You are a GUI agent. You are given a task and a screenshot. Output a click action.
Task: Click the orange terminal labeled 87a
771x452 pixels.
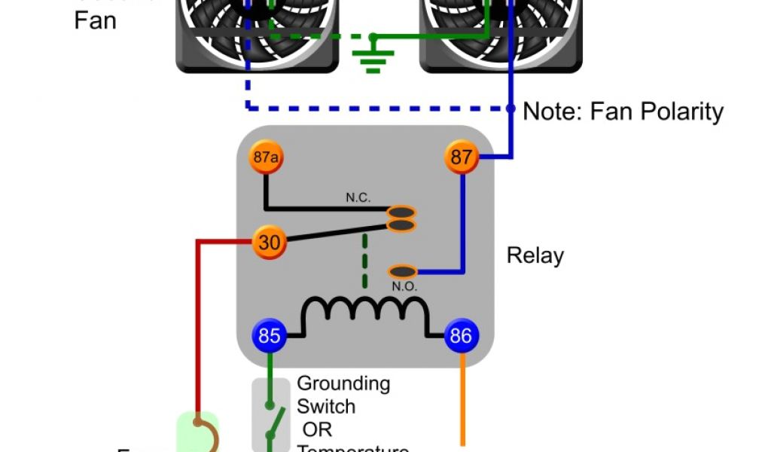(265, 157)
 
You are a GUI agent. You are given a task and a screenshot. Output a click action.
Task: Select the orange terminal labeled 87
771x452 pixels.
(461, 157)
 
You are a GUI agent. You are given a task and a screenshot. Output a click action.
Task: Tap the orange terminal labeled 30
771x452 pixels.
(269, 243)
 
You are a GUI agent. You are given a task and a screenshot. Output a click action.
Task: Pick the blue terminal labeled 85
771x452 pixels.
(269, 335)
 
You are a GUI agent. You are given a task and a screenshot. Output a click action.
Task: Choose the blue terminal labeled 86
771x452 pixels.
(460, 335)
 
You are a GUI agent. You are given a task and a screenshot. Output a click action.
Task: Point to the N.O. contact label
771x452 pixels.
(404, 286)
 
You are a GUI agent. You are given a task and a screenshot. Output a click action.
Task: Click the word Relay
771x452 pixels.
(535, 255)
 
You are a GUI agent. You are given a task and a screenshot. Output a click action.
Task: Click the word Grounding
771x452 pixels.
(343, 383)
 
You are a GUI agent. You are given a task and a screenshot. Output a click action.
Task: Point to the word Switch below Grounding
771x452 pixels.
(326, 407)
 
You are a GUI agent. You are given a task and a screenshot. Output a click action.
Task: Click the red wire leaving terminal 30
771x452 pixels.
(199, 316)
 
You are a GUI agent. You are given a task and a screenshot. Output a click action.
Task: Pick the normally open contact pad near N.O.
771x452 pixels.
(403, 270)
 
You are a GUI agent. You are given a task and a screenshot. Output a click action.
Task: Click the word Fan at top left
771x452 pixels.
(96, 20)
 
